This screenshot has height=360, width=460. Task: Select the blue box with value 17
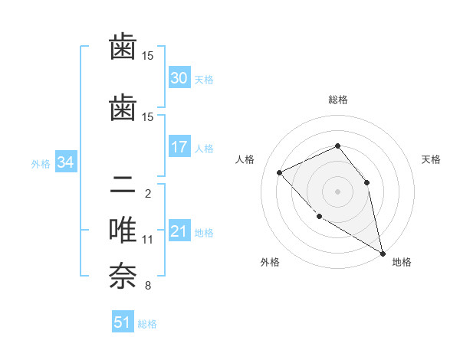[x=179, y=147]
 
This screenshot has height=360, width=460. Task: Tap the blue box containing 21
[x=179, y=231]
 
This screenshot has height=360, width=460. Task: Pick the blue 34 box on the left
[x=65, y=162]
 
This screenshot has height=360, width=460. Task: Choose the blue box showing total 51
[x=123, y=322]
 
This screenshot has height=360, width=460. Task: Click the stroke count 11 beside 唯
[x=148, y=240]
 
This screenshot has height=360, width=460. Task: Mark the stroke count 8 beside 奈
[x=148, y=286]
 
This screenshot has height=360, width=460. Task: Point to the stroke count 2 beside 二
[x=148, y=194]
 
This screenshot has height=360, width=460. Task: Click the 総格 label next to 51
[x=147, y=324]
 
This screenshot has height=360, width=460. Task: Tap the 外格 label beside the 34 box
[x=41, y=163]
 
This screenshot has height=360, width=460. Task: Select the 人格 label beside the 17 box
[x=204, y=148]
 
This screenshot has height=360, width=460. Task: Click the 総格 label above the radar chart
[x=337, y=100]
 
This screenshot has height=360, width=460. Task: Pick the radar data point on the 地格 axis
[x=383, y=254]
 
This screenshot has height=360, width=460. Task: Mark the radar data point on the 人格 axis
[x=280, y=172]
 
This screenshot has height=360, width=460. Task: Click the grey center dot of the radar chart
[x=337, y=191]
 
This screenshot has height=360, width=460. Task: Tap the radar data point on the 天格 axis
[x=366, y=182]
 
